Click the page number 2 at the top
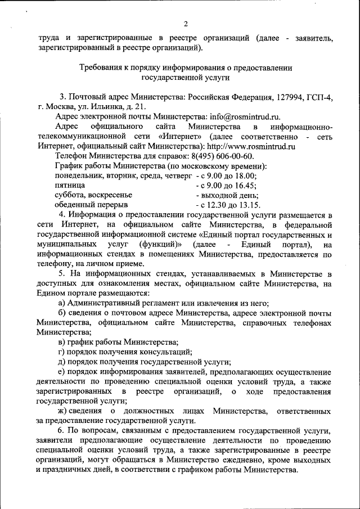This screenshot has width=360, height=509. click(x=185, y=24)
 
